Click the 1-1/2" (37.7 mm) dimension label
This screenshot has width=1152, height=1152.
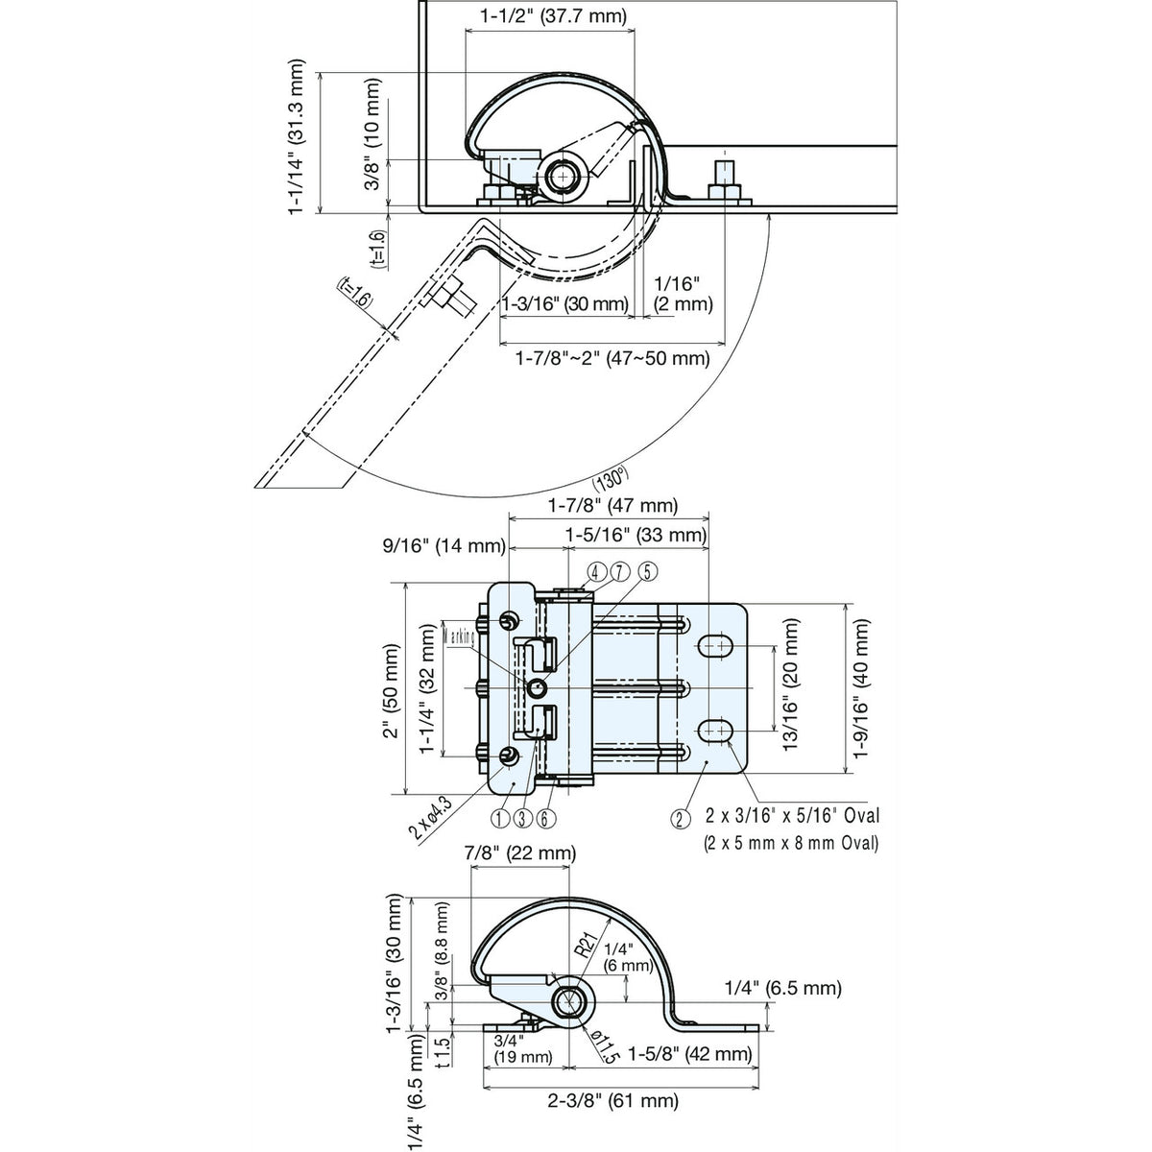tap(553, 15)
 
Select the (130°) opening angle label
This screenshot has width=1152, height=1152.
tap(611, 477)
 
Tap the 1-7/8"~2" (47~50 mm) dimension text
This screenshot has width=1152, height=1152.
tap(612, 359)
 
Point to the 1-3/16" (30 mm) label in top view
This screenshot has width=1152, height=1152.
tap(564, 304)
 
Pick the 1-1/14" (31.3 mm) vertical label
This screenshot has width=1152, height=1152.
tap(300, 138)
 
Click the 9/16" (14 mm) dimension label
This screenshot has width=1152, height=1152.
tap(441, 546)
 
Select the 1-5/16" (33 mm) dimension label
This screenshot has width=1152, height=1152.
tap(636, 535)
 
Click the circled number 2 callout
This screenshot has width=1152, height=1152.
tap(680, 819)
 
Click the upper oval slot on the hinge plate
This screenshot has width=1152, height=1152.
tap(713, 647)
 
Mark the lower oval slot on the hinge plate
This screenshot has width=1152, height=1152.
tap(713, 732)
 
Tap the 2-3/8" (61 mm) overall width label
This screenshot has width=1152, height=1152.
tap(609, 1100)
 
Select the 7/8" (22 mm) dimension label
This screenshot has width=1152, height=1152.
tap(519, 852)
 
